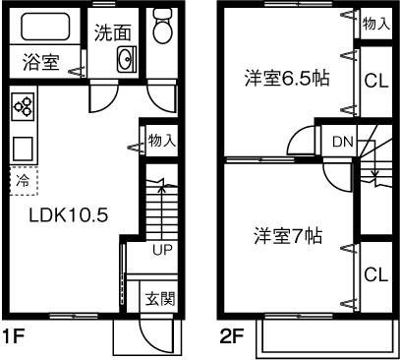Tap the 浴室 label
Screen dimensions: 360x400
(x=41, y=63)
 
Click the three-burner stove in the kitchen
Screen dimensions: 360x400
(x=25, y=106)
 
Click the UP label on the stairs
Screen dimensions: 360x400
(x=162, y=250)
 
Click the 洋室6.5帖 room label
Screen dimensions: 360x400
(x=287, y=80)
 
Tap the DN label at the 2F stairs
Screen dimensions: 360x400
(x=341, y=142)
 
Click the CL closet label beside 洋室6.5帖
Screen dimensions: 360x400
(x=372, y=82)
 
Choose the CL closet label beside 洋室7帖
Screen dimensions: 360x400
(x=372, y=274)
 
